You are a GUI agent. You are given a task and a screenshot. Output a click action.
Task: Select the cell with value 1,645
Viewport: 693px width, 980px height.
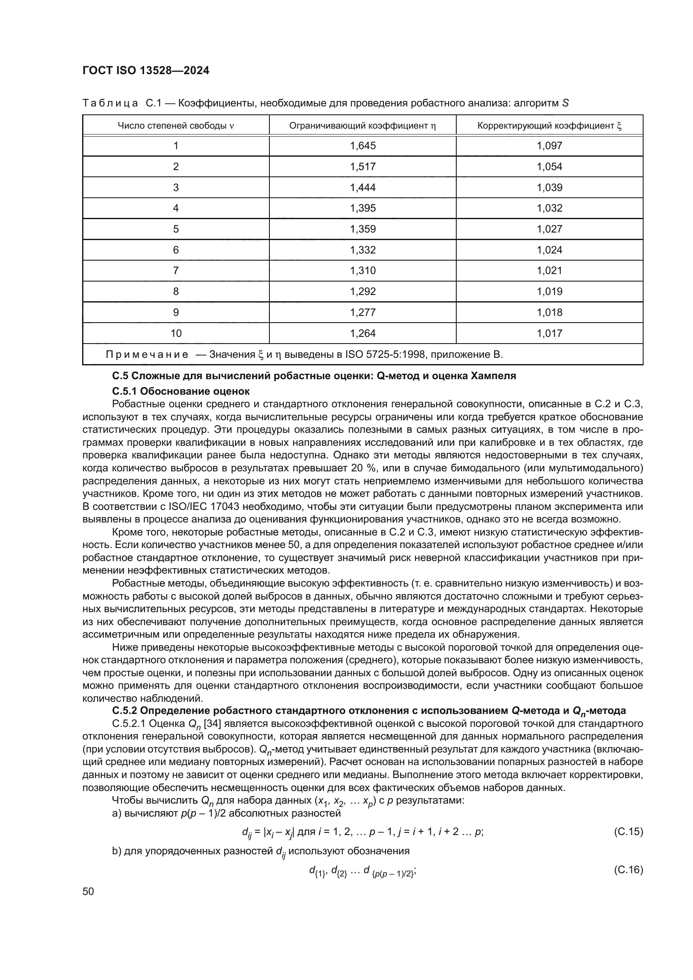(362, 146)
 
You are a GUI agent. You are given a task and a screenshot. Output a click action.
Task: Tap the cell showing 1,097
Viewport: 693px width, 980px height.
(549, 146)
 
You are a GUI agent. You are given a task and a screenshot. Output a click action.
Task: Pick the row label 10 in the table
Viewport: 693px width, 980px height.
(176, 334)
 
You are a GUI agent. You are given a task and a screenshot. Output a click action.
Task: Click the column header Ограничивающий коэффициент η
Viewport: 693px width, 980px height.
(362, 126)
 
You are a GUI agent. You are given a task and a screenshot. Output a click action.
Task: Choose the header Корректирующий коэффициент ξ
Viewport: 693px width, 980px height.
(549, 126)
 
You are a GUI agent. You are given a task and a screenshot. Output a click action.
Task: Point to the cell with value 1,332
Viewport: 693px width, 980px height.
(362, 250)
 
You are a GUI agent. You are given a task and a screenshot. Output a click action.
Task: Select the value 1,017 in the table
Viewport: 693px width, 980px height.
(549, 334)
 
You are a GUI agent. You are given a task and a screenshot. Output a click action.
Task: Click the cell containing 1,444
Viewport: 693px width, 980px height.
(362, 188)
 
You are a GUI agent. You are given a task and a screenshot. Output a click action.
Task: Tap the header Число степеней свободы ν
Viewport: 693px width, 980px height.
(176, 126)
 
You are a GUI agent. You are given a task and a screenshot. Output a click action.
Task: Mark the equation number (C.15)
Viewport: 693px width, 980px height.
(628, 831)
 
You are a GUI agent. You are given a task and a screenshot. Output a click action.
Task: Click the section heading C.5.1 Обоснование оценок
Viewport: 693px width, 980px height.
(181, 391)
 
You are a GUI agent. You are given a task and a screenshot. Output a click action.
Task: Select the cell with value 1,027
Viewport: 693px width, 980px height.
(549, 229)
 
